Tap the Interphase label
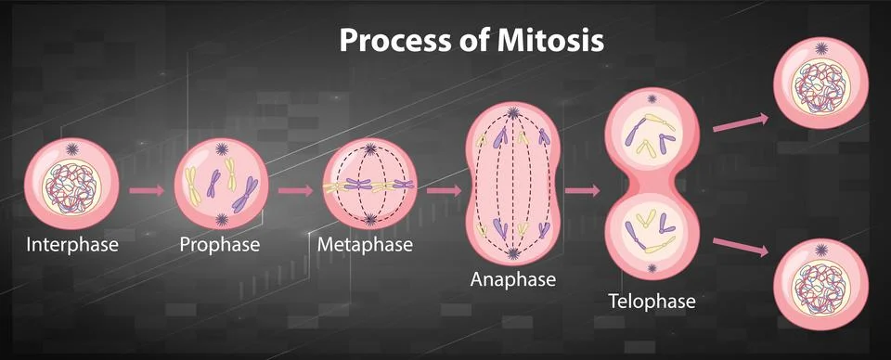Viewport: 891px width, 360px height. [72, 246]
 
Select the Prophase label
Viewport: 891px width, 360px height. [220, 246]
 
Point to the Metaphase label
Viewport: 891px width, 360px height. [365, 246]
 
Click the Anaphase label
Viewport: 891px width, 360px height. [513, 278]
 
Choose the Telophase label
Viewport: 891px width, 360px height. [652, 302]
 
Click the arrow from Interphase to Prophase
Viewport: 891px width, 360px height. [147, 190]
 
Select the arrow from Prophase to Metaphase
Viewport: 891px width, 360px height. [295, 190]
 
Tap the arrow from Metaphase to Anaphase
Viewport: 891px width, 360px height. [444, 190]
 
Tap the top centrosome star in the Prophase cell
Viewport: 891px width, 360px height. [221, 148]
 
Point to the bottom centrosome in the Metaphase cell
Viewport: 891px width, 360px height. [370, 220]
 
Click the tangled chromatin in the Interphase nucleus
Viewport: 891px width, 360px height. [71, 184]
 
